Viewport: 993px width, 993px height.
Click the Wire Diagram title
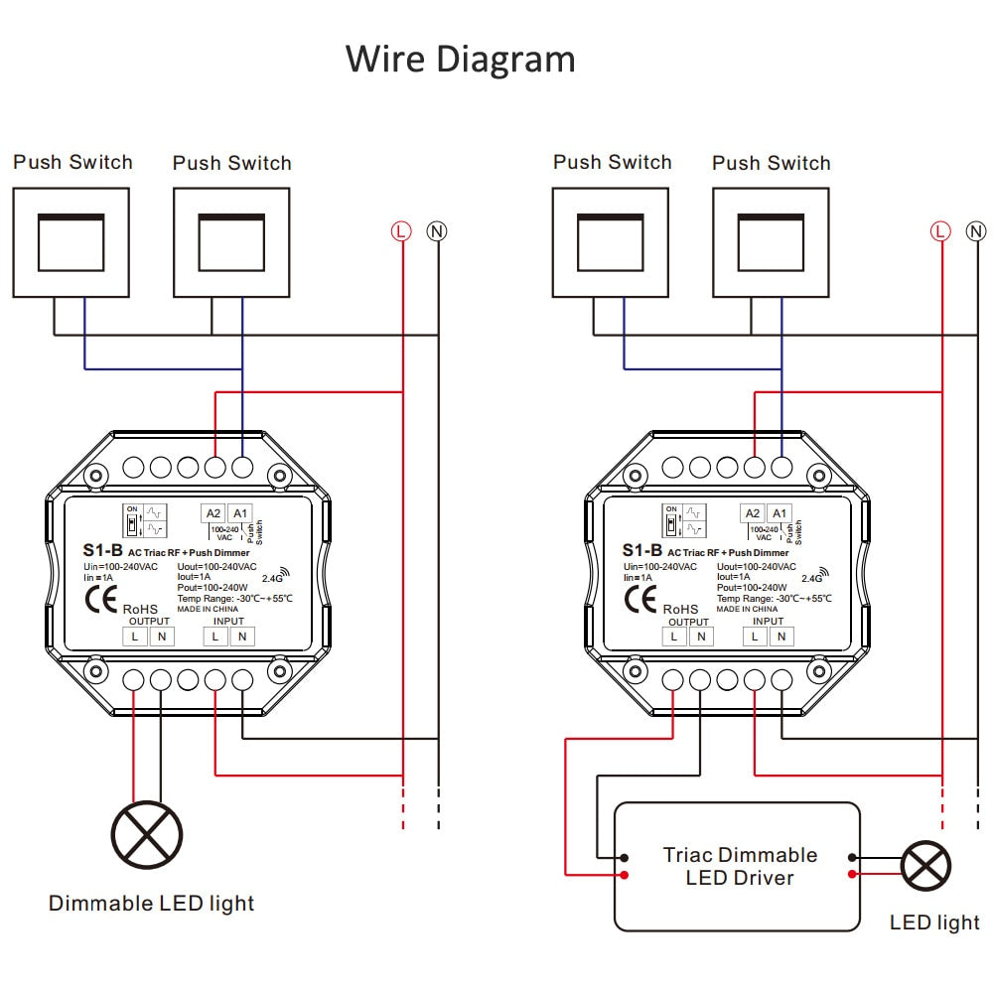[460, 59]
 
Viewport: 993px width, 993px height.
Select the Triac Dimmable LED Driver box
[737, 866]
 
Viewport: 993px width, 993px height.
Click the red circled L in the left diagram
[400, 231]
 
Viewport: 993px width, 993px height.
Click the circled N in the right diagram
[976, 231]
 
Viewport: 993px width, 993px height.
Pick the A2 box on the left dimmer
[213, 513]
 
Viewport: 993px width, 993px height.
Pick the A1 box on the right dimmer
[780, 513]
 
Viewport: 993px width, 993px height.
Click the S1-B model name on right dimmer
[642, 550]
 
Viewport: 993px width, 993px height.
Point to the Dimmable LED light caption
[151, 904]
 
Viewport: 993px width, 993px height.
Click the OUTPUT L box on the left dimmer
[135, 637]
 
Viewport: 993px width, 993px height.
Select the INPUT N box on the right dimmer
[781, 637]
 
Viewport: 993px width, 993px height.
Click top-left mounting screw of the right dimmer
[636, 476]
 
